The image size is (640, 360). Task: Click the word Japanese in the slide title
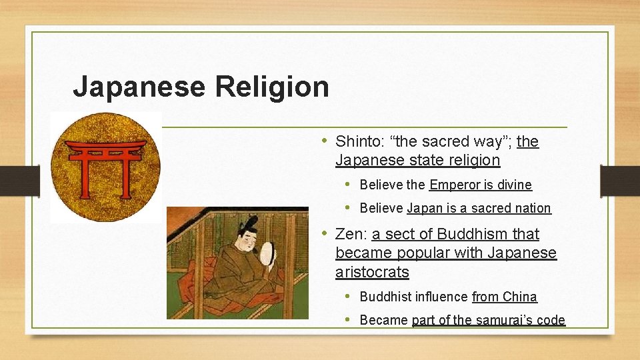click(x=139, y=87)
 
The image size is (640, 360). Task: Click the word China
click(x=521, y=297)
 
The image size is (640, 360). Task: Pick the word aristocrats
click(x=372, y=272)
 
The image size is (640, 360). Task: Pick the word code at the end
click(x=551, y=320)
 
